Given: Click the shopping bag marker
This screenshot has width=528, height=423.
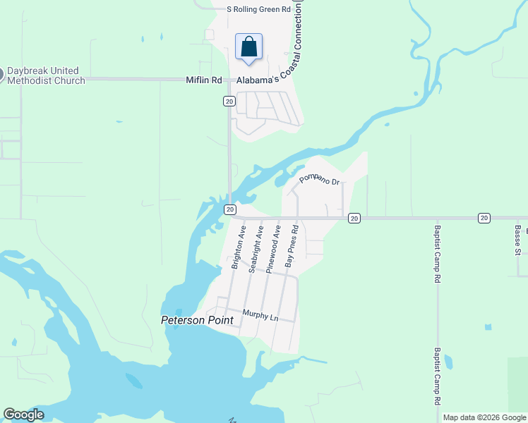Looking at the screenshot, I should [x=248, y=48].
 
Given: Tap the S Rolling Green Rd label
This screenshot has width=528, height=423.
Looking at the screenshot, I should [x=258, y=9].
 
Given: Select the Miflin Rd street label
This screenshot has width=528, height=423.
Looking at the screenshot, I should [x=204, y=80].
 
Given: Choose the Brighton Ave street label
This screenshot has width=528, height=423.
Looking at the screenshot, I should [x=239, y=247].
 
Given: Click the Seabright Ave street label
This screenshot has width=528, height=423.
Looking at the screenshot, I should [x=256, y=249].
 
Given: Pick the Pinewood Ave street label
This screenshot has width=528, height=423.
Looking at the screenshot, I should [x=274, y=248].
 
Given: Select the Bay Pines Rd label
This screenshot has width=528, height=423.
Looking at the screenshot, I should [x=292, y=247].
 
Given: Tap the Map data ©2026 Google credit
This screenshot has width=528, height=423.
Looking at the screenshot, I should [x=484, y=417].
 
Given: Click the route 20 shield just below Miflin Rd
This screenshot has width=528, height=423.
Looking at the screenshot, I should [x=229, y=102].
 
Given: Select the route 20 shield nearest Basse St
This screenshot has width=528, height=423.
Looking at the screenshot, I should [x=484, y=219].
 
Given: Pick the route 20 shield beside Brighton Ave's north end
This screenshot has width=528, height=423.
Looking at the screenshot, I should [x=230, y=209].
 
